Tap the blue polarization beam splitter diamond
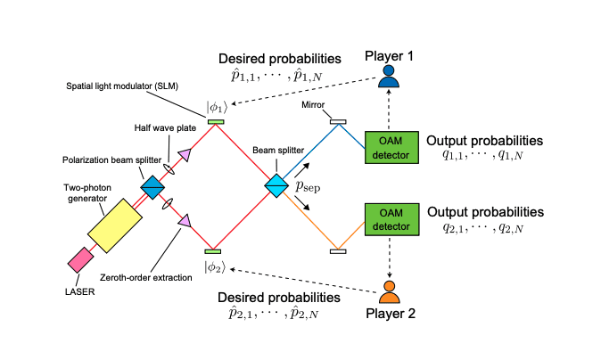click(152, 186)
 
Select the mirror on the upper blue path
click(338, 121)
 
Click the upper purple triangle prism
click(184, 155)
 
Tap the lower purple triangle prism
click(184, 219)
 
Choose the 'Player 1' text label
click(388, 57)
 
